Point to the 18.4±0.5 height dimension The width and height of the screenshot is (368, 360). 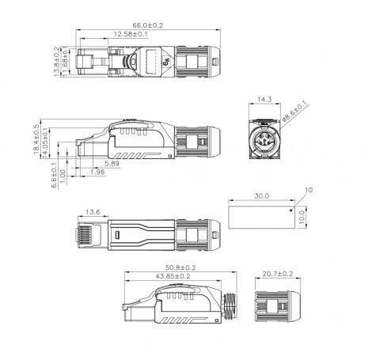(36, 137)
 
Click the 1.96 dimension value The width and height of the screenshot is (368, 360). (97, 172)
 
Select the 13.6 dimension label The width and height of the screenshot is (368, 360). (92, 212)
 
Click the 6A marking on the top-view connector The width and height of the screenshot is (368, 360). (166, 59)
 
